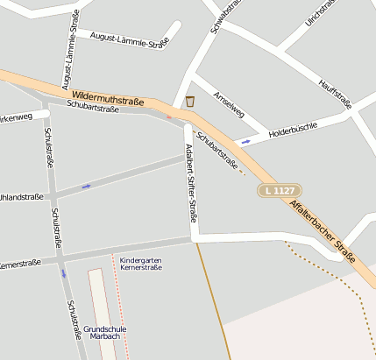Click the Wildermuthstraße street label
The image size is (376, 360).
(x=108, y=96)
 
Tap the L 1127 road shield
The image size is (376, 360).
(x=280, y=190)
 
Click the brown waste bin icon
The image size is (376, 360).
(x=190, y=102)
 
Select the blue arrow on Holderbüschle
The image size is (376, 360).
(x=245, y=140)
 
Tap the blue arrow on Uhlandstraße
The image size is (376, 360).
(x=86, y=186)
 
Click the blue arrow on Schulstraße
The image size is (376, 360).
(x=63, y=272)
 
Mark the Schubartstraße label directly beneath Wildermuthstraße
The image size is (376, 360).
(x=92, y=108)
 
